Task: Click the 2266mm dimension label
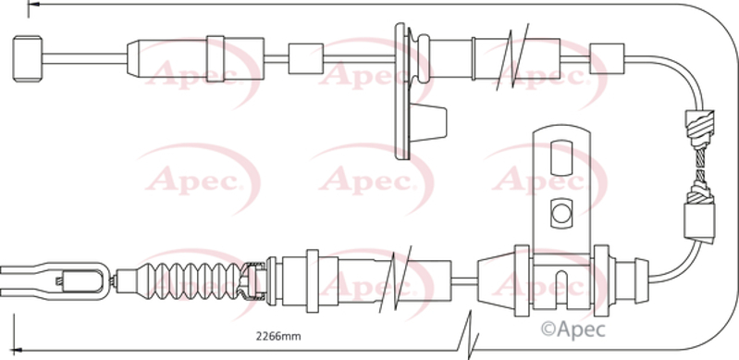(278, 337)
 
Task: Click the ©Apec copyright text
(573, 329)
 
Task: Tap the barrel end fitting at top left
(28, 58)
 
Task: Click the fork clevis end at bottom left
(55, 281)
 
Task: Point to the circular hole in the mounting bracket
(560, 214)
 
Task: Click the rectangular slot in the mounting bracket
(560, 157)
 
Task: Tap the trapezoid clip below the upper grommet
(427, 123)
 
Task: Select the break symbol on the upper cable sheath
(511, 56)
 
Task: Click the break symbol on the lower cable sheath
(395, 279)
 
